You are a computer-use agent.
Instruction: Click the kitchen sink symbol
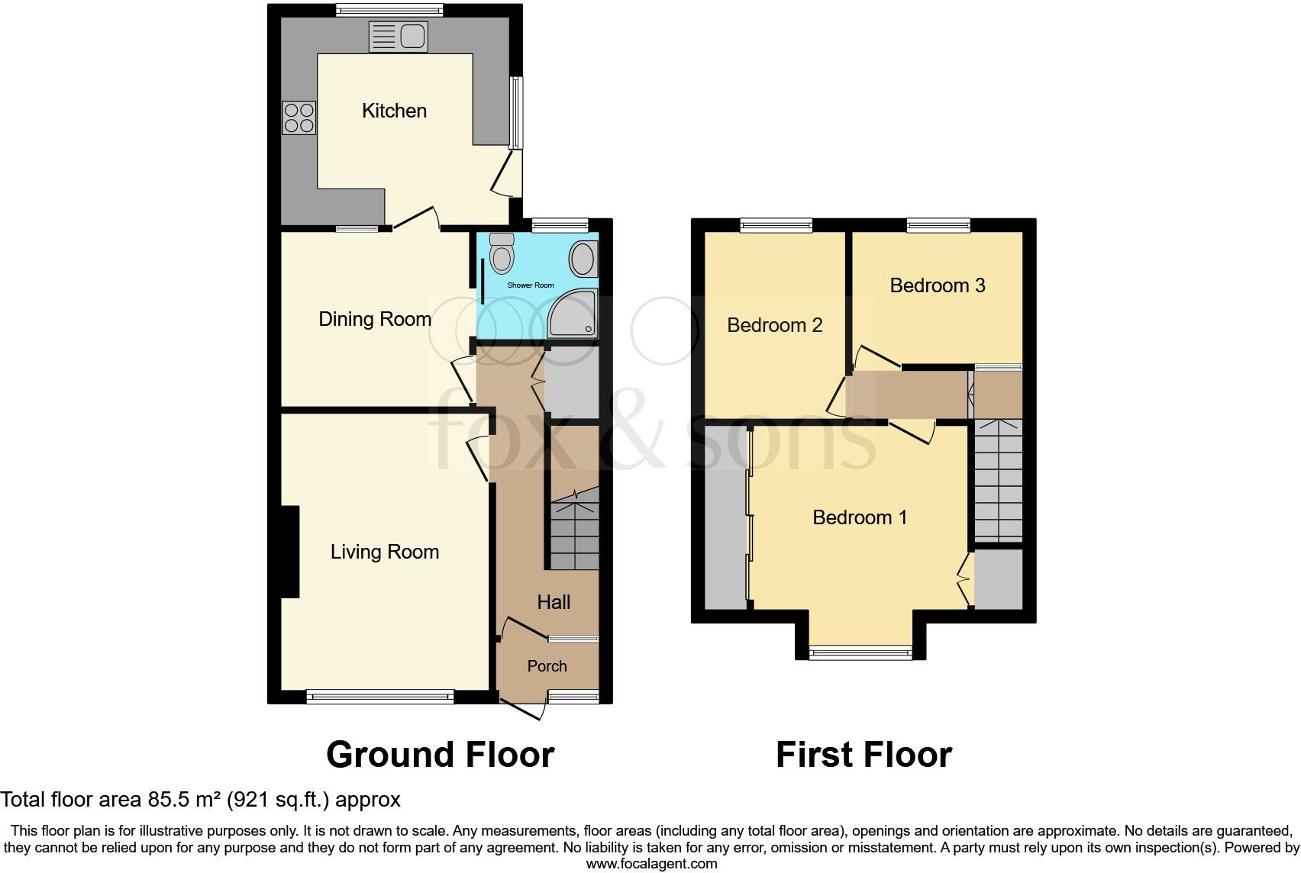(399, 36)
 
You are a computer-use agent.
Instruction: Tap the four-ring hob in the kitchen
(299, 118)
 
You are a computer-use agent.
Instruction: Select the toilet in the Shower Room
(502, 253)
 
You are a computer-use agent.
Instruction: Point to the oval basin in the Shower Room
(583, 259)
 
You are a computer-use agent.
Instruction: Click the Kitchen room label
(394, 111)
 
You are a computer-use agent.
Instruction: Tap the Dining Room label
(375, 319)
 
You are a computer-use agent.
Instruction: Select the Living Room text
(384, 552)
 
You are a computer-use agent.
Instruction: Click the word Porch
(547, 666)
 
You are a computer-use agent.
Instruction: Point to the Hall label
(554, 602)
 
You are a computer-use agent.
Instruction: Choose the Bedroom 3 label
(937, 285)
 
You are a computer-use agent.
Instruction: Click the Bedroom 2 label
(774, 326)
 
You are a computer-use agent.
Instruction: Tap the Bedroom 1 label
(860, 517)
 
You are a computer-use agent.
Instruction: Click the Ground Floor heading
(440, 755)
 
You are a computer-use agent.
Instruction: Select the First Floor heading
(864, 755)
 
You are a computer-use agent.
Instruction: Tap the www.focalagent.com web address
(651, 864)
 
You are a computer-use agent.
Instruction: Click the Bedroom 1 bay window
(860, 652)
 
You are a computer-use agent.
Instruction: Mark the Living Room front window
(379, 695)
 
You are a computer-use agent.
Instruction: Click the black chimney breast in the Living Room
(289, 552)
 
